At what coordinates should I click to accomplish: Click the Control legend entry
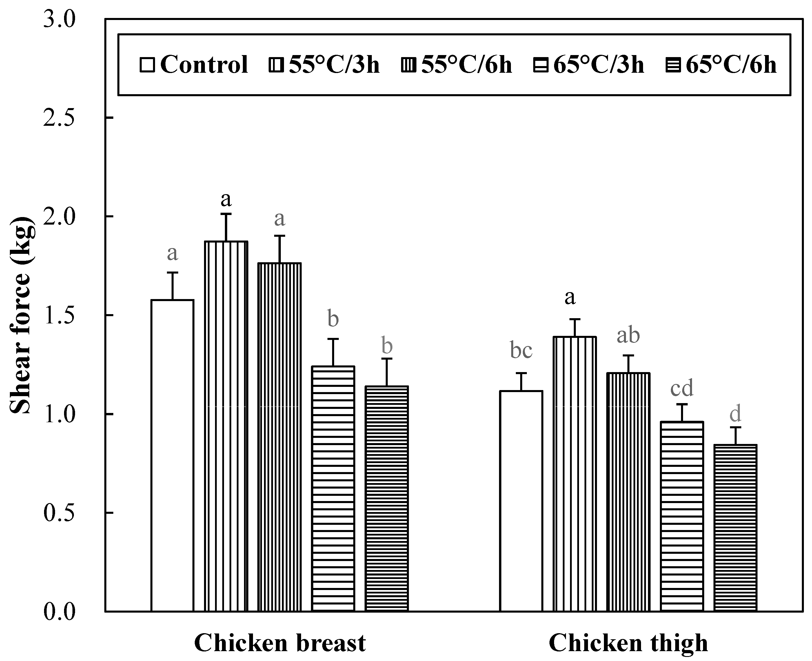[x=194, y=64]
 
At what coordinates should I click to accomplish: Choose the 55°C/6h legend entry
[x=457, y=64]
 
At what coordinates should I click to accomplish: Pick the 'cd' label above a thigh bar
[x=682, y=388]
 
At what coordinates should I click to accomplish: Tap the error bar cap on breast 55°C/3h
[x=226, y=214]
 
